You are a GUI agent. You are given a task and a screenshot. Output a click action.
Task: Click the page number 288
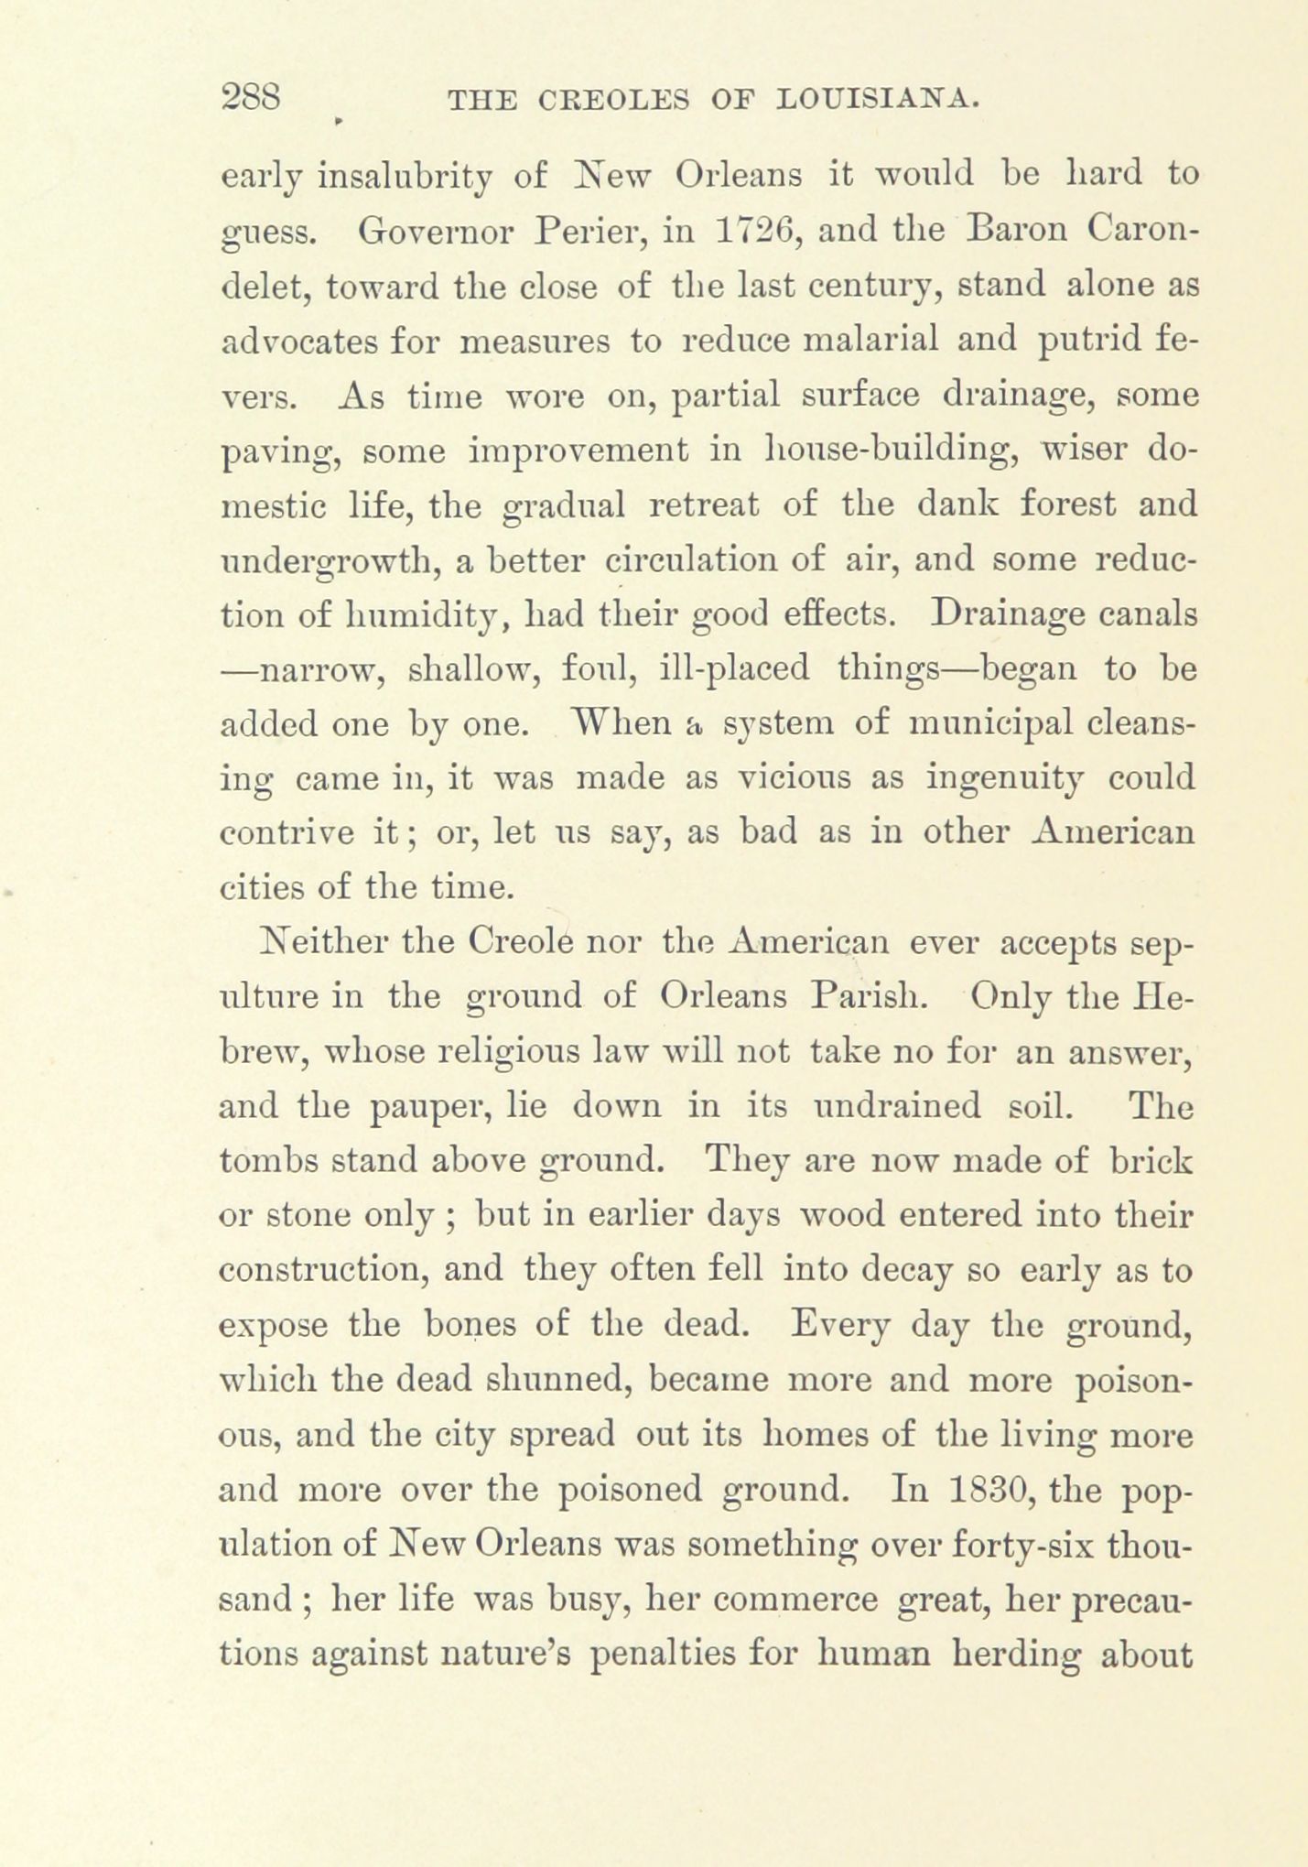tap(251, 98)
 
